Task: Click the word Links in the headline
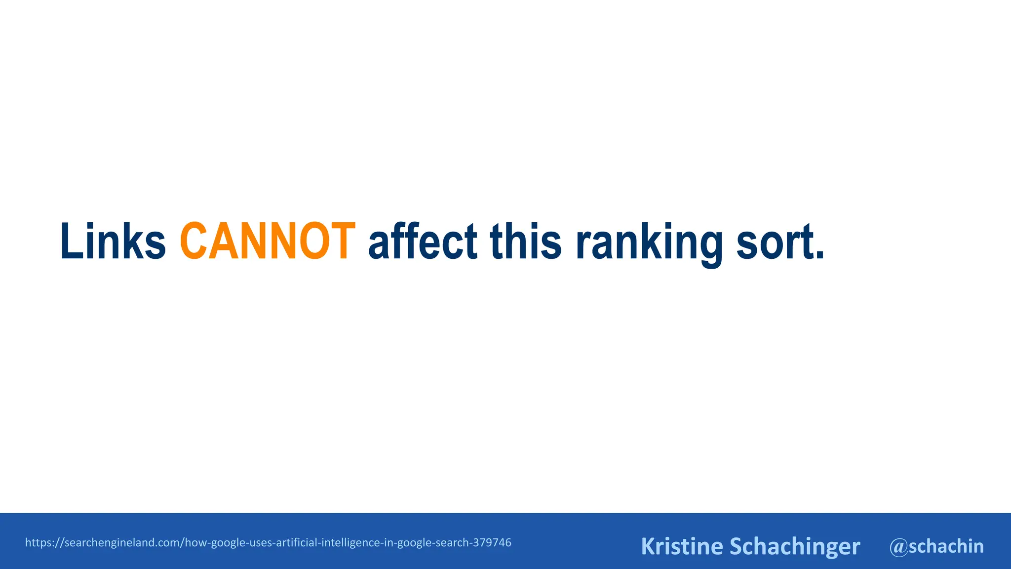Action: click(x=113, y=242)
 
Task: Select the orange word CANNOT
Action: click(x=268, y=242)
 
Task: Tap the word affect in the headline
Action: click(x=423, y=242)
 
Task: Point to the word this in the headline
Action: click(x=526, y=242)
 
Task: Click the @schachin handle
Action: click(x=936, y=546)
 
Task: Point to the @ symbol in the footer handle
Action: click(x=898, y=547)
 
